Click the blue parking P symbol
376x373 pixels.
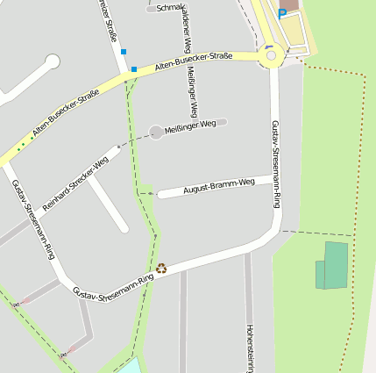pos(281,13)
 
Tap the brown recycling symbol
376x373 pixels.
pos(161,268)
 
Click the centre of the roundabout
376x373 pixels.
pos(272,57)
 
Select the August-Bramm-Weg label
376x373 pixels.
pos(218,186)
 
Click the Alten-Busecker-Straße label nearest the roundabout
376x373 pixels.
pos(194,61)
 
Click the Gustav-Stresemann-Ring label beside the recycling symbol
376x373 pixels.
pos(113,284)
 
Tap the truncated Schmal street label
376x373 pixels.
pos(169,7)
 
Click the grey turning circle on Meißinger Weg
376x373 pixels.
pos(156,132)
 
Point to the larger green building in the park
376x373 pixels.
pos(336,265)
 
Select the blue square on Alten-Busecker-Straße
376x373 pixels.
pos(134,69)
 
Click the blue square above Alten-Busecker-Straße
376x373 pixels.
pos(124,52)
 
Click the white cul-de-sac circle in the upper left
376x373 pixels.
pos(52,61)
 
